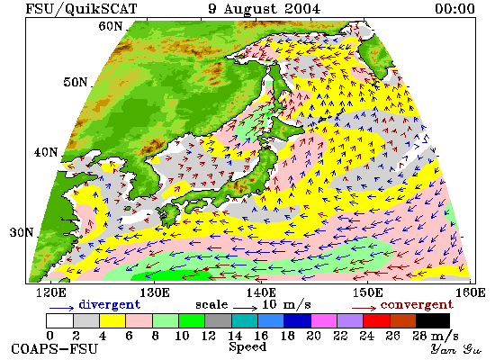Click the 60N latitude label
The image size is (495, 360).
tap(110, 26)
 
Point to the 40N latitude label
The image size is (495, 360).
tap(46, 152)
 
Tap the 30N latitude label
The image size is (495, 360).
tap(22, 232)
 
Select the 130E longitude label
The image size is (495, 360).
tap(155, 292)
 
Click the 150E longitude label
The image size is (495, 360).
tap(368, 292)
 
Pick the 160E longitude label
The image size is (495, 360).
tap(471, 292)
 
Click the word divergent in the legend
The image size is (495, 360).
tap(109, 304)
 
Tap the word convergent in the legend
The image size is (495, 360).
tap(417, 305)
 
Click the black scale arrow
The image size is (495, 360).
tap(246, 307)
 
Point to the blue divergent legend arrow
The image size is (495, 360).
tap(61, 307)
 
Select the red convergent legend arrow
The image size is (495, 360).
tap(364, 307)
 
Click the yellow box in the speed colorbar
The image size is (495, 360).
tap(112, 320)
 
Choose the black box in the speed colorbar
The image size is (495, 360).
tap(433, 320)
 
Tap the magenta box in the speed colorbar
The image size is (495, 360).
tap(324, 320)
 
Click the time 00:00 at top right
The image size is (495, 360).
tap(454, 8)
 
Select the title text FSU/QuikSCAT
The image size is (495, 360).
tap(81, 9)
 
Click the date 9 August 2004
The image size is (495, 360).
tap(265, 9)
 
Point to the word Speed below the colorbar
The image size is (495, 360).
tap(247, 347)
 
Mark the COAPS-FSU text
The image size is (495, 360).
tap(55, 349)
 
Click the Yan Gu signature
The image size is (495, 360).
tap(456, 349)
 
